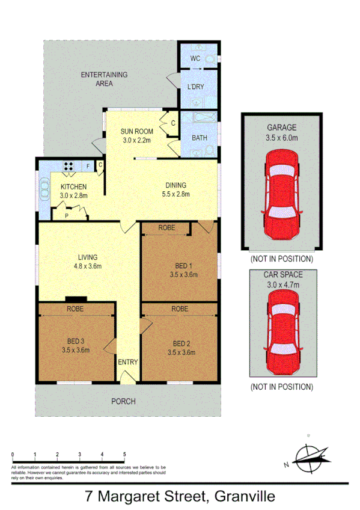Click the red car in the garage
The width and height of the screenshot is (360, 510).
pos(282,195)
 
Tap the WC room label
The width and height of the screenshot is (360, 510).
pos(195,58)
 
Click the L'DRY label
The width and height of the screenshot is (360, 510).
pos(196,87)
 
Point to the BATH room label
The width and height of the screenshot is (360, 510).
pos(200,138)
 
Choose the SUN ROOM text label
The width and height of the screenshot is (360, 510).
pos(136,131)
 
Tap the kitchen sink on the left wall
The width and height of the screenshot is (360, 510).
pos(44,191)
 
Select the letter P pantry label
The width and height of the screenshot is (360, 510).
pos(66,215)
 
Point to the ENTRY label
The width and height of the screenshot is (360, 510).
pos(128,362)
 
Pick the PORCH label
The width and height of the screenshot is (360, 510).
pos(124,401)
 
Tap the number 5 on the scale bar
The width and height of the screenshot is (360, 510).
pos(124,455)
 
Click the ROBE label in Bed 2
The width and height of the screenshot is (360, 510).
pos(180,309)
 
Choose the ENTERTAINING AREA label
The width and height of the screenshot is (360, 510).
pos(105,79)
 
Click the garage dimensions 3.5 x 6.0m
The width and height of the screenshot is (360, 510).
pos(282,137)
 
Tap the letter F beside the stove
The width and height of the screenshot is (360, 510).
pos(88,165)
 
